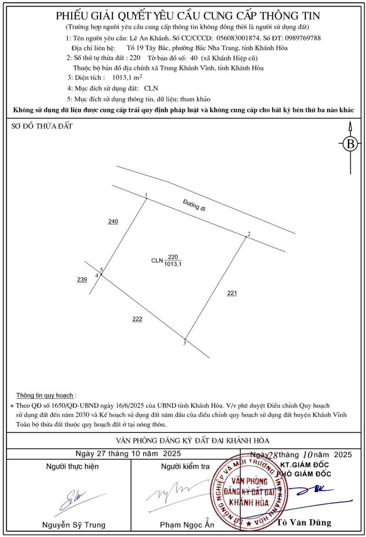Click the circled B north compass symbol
[350, 144]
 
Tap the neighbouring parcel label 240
[113, 222]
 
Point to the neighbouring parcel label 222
[137, 319]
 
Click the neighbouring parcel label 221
[232, 293]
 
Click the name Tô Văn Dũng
[304, 522]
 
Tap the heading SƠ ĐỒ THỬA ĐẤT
[42, 127]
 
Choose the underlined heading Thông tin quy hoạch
[46, 395]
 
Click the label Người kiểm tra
[185, 466]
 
